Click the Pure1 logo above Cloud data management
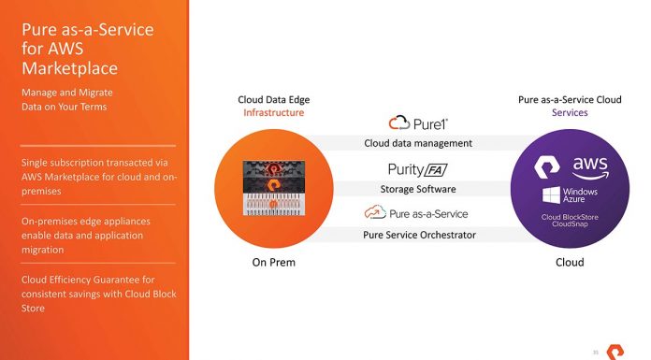(418, 123)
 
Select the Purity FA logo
(418, 169)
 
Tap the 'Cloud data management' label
(418, 143)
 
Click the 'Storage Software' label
(418, 189)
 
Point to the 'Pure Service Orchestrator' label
(418, 235)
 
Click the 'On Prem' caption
(274, 263)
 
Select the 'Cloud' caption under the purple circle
(570, 263)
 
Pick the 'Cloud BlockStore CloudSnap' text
(570, 222)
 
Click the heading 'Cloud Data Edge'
(274, 100)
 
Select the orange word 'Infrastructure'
(274, 113)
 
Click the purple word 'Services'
(570, 113)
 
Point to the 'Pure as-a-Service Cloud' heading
(570, 100)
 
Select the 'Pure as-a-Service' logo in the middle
(418, 214)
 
